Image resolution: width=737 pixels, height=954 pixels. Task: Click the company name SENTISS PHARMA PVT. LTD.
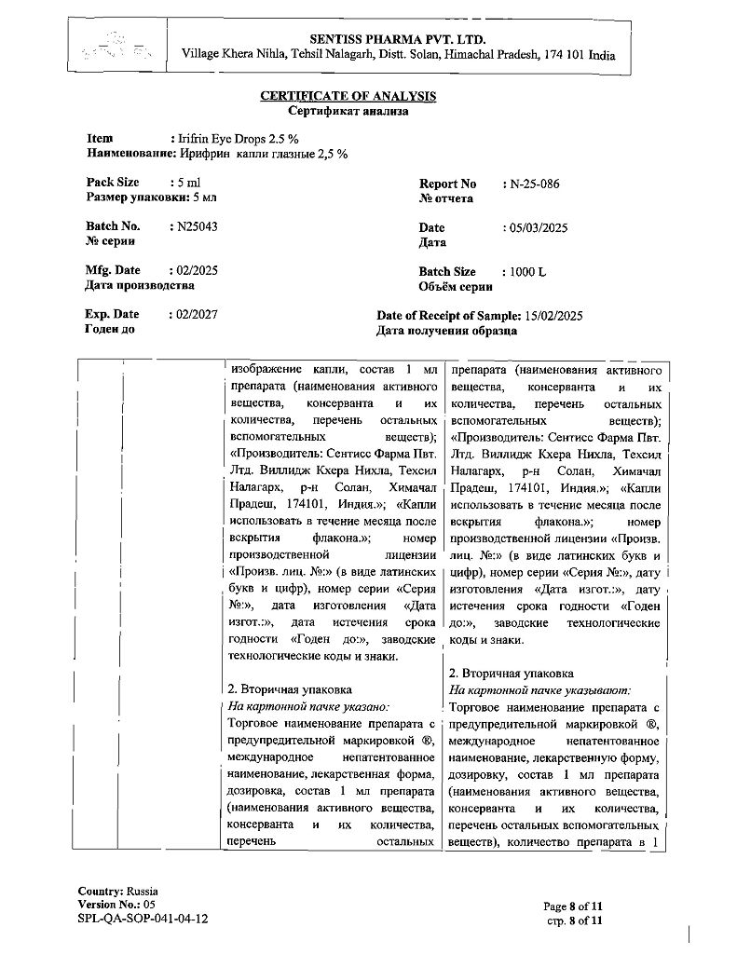pyautogui.click(x=398, y=39)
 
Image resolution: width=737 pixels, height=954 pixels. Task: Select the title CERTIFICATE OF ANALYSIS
pyautogui.click(x=348, y=96)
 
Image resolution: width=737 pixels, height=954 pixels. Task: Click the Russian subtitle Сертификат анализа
pyautogui.click(x=348, y=110)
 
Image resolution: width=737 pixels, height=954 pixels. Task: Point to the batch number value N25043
pyautogui.click(x=198, y=226)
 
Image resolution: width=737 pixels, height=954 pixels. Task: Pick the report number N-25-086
pyautogui.click(x=535, y=184)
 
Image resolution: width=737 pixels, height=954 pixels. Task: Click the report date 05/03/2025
pyautogui.click(x=539, y=228)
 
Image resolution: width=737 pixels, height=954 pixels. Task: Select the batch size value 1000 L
pyautogui.click(x=528, y=272)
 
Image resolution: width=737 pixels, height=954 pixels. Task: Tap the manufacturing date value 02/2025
pyautogui.click(x=198, y=270)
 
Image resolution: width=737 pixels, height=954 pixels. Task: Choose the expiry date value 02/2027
pyautogui.click(x=198, y=315)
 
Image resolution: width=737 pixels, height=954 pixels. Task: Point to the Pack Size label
pyautogui.click(x=113, y=183)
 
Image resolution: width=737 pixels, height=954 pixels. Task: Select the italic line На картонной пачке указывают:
pyautogui.click(x=539, y=690)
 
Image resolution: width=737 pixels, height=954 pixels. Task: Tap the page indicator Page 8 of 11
pyautogui.click(x=574, y=906)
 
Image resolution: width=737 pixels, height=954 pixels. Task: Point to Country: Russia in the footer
pyautogui.click(x=117, y=891)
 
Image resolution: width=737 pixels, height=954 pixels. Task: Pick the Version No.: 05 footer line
pyautogui.click(x=116, y=905)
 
